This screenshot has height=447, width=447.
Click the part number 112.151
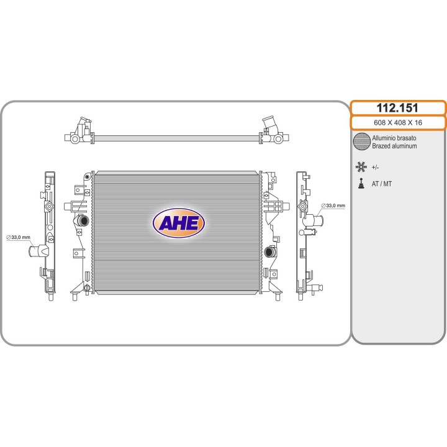point(397,108)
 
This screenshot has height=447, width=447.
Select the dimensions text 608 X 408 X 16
point(398,122)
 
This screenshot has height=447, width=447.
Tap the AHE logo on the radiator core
point(178,223)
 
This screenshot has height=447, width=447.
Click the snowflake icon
point(361,167)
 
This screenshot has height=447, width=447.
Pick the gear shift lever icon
point(361,183)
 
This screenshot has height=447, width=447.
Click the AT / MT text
point(381,184)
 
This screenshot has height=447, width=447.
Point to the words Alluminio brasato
point(394,138)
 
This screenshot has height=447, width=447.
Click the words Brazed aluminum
point(394,146)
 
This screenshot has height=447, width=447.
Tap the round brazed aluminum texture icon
point(362,142)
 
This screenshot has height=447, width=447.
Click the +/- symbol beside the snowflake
point(375,168)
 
